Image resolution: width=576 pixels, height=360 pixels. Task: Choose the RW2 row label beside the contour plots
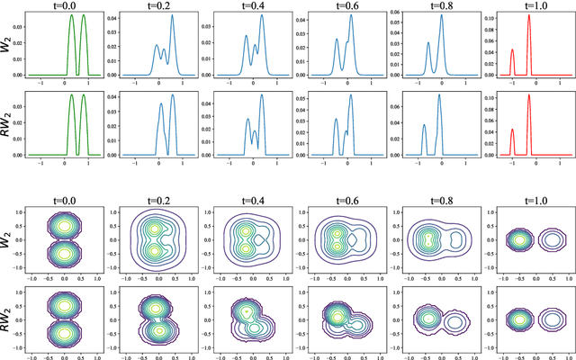8,314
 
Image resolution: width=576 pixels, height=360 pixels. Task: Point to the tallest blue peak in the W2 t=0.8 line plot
441,19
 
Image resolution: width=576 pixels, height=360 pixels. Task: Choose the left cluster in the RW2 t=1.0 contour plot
516,319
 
